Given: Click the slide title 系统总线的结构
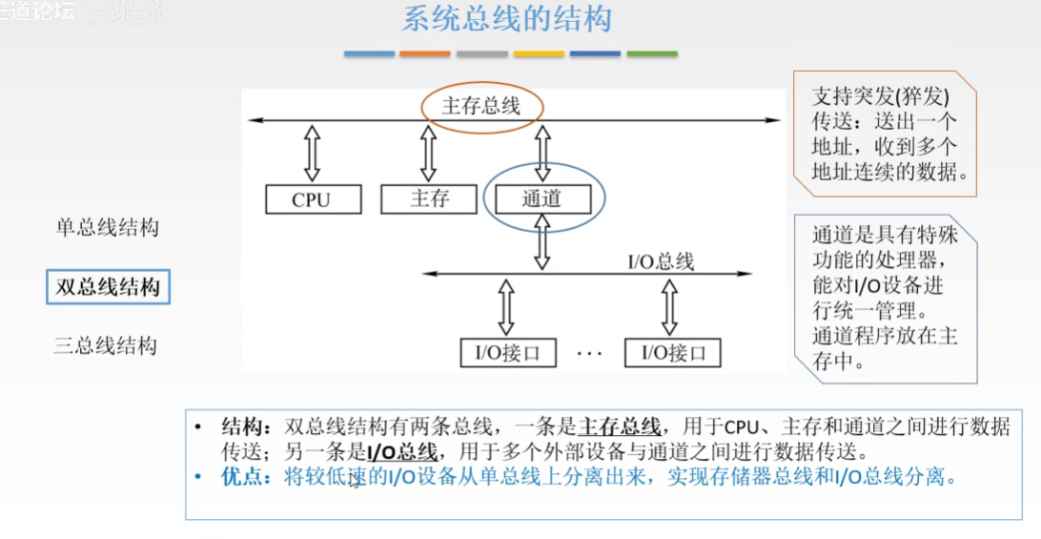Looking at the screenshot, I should [506, 20].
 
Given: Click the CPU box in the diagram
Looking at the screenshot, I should [313, 199].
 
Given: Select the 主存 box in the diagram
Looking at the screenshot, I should [428, 198].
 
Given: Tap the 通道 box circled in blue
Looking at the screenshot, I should [542, 199].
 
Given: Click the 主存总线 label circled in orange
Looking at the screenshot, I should [481, 105].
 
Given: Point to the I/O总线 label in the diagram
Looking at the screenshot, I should [660, 260].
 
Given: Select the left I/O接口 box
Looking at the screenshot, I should [506, 352].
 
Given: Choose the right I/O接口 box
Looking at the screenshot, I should [673, 352].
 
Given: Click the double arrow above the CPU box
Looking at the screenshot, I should [313, 152].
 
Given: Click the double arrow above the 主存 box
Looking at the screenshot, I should [428, 152].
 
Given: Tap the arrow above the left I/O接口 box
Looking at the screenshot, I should [506, 305].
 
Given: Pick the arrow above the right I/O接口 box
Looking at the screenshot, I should [670, 305].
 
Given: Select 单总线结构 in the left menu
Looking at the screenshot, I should [107, 228].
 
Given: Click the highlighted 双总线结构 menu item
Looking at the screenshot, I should [108, 286].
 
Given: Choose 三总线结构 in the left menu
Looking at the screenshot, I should [105, 346].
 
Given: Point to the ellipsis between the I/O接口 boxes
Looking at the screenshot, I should [589, 353].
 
